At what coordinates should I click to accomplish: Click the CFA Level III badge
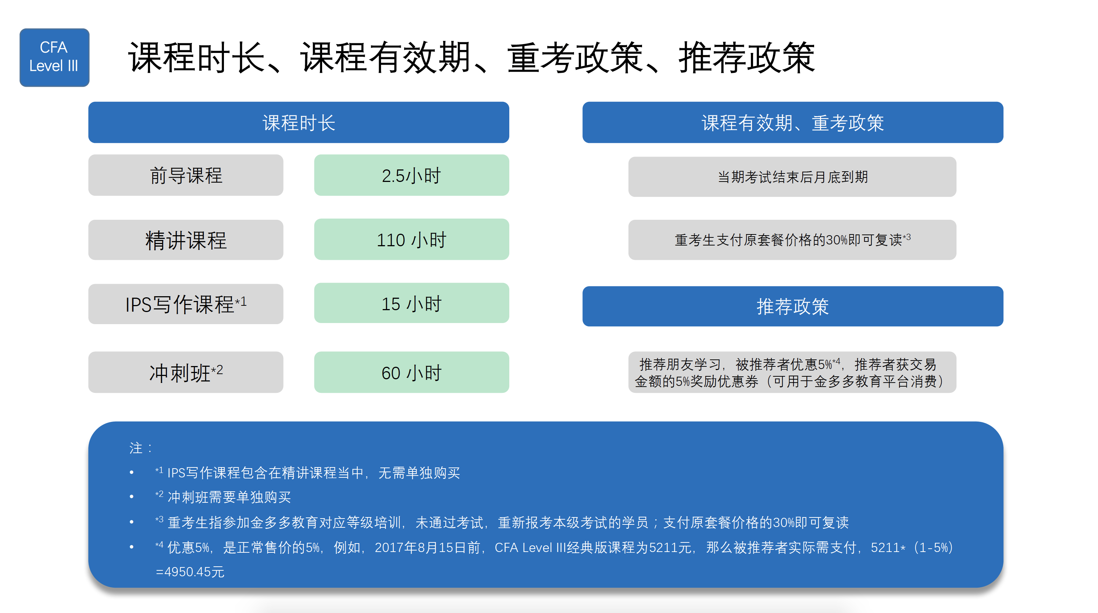coord(54,57)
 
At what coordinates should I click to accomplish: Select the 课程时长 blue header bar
coord(298,122)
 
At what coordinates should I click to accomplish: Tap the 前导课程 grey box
coord(185,175)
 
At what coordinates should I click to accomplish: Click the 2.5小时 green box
coord(411,175)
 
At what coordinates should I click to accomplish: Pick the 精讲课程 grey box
coord(185,240)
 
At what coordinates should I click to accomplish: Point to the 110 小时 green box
coord(411,239)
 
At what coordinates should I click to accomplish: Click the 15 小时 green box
coord(411,303)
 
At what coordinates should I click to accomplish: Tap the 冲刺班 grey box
coord(185,372)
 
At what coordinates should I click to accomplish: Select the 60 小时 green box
coord(411,372)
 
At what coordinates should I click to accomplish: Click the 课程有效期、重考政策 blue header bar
coord(792,122)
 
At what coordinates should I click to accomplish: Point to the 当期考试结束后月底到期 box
coord(792,177)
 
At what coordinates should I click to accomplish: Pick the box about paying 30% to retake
coord(792,240)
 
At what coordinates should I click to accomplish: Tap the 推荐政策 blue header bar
coord(792,306)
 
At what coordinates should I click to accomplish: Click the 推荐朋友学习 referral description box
coord(792,372)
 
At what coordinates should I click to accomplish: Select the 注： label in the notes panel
coord(141,448)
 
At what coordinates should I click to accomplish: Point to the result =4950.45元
coord(190,572)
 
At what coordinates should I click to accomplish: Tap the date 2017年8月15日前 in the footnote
coord(428,547)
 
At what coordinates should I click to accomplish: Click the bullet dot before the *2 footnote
coord(132,497)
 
